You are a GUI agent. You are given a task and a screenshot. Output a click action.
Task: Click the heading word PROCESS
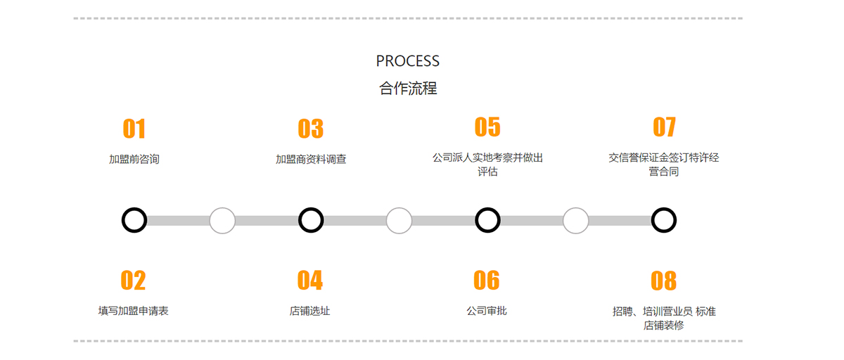click(408, 61)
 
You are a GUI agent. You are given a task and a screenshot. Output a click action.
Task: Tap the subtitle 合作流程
click(408, 89)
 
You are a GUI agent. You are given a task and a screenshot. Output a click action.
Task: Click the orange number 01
click(134, 129)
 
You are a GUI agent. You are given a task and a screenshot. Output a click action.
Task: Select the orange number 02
click(133, 280)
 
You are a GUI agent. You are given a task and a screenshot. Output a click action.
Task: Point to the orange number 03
click(310, 129)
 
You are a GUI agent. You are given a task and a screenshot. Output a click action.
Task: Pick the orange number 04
click(309, 280)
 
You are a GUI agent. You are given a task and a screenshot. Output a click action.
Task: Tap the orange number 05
click(487, 127)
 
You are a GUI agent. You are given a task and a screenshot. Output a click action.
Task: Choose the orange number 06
click(486, 280)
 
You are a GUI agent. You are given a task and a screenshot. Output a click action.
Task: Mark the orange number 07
click(664, 127)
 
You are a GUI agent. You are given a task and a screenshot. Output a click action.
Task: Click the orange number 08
click(663, 281)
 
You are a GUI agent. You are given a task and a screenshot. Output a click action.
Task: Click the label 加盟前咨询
click(134, 160)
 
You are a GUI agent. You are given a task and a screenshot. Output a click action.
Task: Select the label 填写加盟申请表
click(134, 311)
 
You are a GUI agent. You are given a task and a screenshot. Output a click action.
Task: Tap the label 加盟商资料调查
click(311, 160)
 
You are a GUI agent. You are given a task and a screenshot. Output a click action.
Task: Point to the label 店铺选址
click(309, 311)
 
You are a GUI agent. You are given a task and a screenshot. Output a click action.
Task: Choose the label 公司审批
click(487, 311)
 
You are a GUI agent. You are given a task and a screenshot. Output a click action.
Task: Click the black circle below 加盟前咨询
click(134, 220)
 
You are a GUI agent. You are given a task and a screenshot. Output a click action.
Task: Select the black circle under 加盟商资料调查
click(311, 220)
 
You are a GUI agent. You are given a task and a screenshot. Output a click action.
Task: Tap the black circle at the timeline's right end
click(663, 220)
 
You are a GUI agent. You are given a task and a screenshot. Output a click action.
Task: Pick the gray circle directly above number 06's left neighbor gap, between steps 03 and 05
click(399, 220)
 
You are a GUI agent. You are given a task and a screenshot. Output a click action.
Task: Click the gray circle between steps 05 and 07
click(575, 220)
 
